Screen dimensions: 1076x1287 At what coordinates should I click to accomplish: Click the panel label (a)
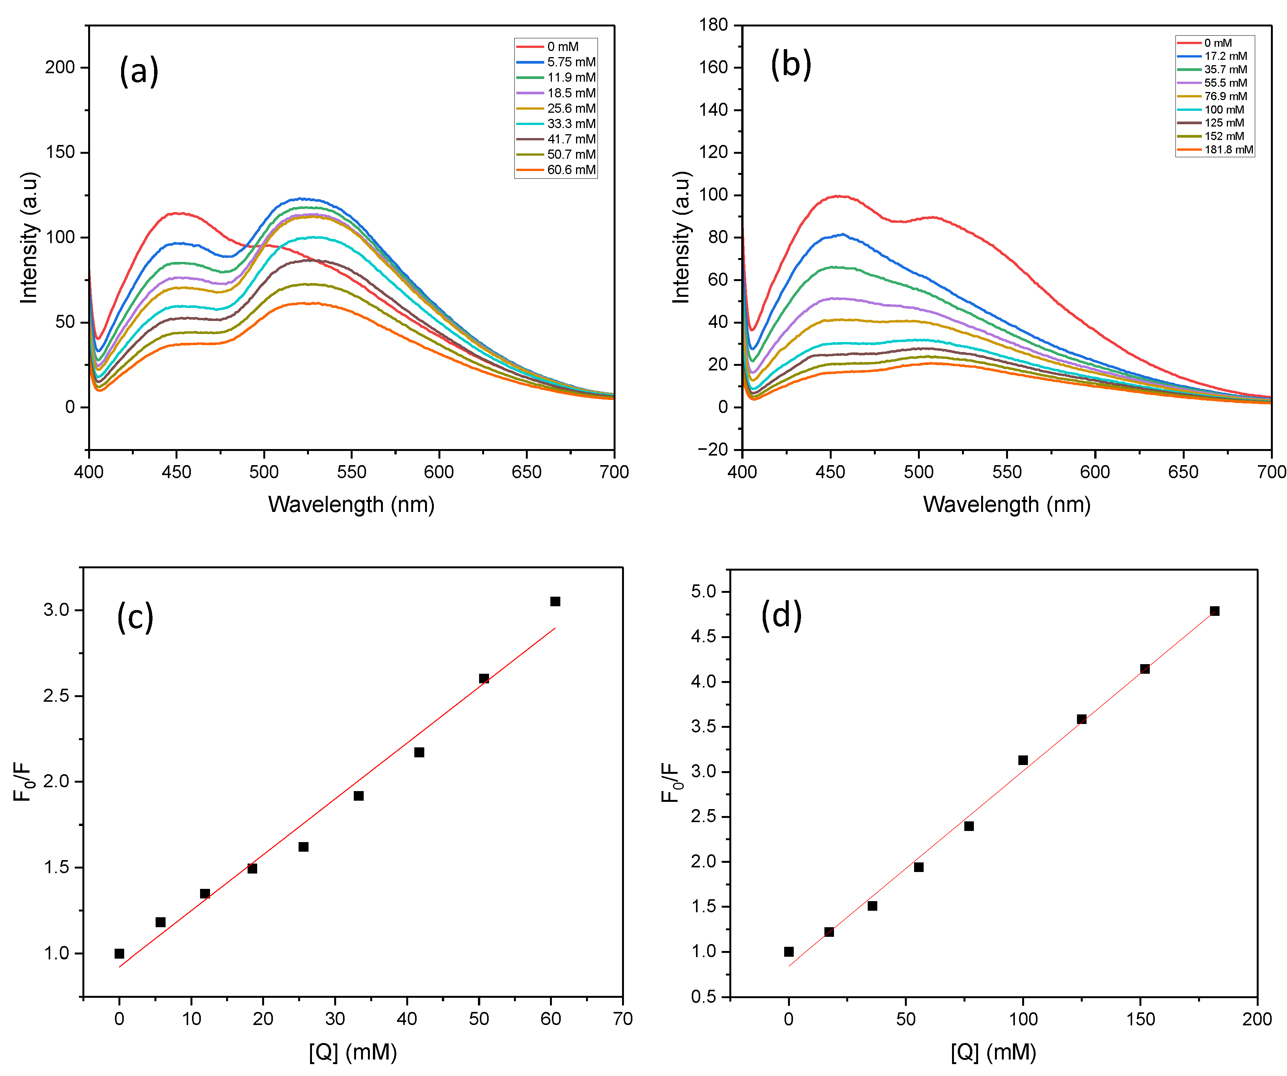(x=139, y=71)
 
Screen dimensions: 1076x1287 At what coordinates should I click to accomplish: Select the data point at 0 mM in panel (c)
(x=120, y=953)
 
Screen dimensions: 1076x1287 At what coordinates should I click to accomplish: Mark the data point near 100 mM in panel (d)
(x=1023, y=760)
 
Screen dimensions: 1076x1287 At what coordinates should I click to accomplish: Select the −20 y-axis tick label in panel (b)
(x=712, y=449)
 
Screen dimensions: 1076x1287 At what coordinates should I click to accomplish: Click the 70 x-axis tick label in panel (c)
(x=623, y=1019)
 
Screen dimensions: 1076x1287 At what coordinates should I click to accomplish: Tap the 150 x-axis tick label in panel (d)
(x=1141, y=1019)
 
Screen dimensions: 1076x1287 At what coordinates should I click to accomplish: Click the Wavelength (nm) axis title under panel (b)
(x=1007, y=505)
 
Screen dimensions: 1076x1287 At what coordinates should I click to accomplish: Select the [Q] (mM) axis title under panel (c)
(x=353, y=1052)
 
